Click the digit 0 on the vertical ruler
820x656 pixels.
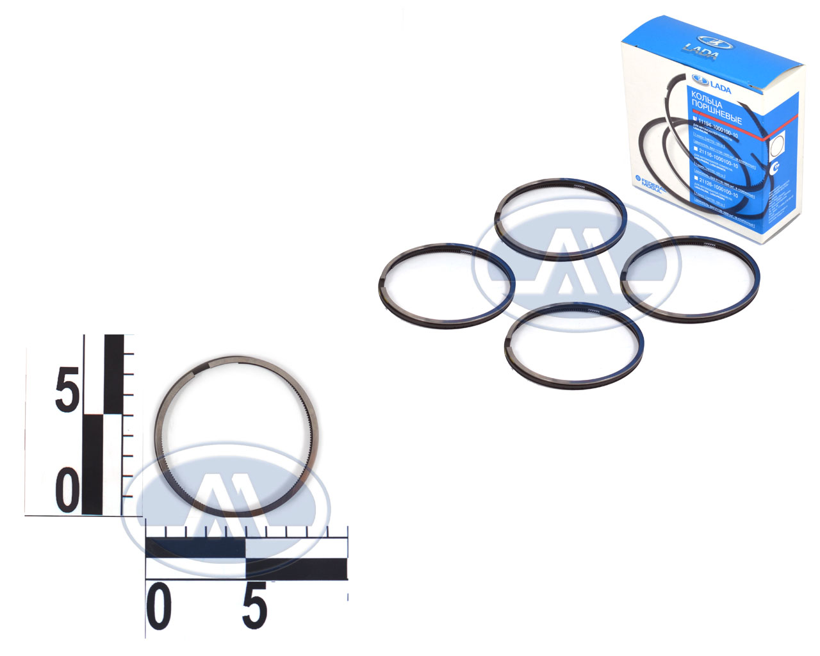point(67,490)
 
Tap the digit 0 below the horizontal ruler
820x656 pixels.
point(158,605)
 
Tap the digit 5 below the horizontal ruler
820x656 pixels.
point(254,605)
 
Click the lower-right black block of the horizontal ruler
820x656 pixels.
point(296,569)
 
